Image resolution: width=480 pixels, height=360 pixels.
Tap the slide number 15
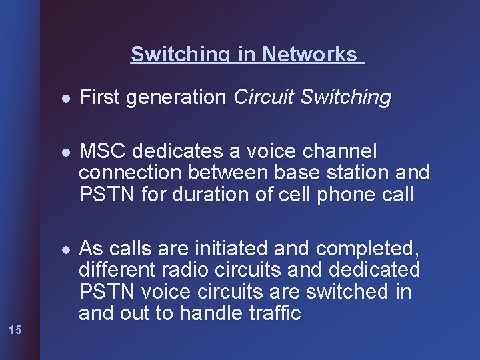tap(17, 329)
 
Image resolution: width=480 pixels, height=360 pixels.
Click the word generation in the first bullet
tap(176, 98)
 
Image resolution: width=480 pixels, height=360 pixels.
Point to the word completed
tap(367, 249)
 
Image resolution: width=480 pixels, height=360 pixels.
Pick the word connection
tap(131, 173)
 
